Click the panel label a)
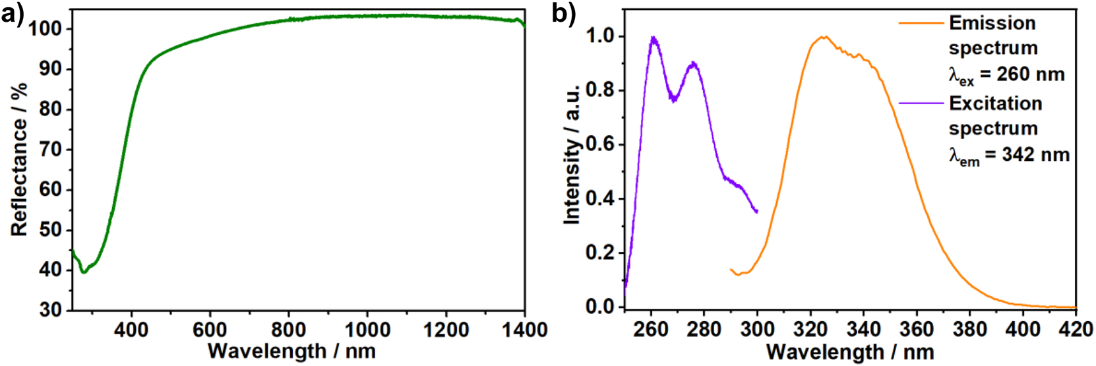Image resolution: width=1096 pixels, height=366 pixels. tap(13, 14)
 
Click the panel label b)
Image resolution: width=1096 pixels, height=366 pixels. tap(563, 14)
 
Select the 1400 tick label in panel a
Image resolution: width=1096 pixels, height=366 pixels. tap(524, 329)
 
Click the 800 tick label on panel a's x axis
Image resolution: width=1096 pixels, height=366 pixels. tap(289, 329)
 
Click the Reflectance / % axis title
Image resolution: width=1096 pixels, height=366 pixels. tap(19, 159)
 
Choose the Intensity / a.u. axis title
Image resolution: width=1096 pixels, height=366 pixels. tap(572, 154)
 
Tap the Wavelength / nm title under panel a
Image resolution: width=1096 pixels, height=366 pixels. tap(291, 351)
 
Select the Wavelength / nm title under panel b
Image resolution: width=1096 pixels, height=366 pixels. tap(850, 351)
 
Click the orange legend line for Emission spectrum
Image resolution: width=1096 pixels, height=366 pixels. tap(921, 23)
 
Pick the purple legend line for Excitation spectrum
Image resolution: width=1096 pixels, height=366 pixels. tap(921, 104)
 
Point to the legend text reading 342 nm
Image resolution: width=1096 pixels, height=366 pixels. tap(1035, 155)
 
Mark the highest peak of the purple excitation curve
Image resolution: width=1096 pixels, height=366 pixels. tap(653, 38)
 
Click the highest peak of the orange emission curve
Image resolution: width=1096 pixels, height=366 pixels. tap(823, 37)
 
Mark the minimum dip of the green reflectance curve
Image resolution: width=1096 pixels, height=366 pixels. tap(84, 272)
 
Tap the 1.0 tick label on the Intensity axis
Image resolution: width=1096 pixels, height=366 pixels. tap(600, 36)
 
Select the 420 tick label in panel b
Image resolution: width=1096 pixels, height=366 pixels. tap(1076, 329)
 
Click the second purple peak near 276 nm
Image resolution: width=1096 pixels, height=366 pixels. tap(693, 63)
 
